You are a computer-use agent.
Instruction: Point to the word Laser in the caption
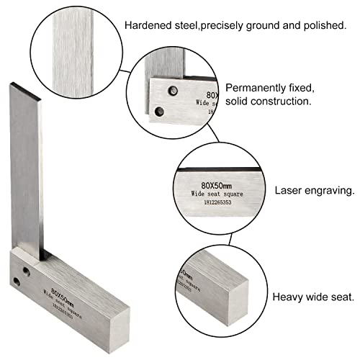point(287,192)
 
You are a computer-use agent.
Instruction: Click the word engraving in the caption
point(328,192)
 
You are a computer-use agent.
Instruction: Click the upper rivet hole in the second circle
point(173,90)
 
